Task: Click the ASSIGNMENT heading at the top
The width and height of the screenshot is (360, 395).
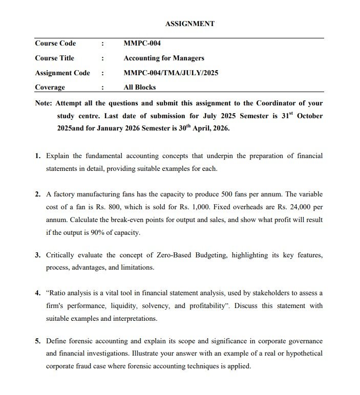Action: (190, 24)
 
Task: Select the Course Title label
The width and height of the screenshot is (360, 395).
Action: (54, 58)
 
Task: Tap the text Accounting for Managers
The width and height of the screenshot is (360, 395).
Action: (164, 58)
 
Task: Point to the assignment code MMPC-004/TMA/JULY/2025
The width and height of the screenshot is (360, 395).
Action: (171, 73)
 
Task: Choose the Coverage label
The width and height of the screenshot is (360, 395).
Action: (50, 87)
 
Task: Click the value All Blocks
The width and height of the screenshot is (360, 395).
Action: (140, 87)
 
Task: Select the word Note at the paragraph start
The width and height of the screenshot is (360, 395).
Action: (43, 103)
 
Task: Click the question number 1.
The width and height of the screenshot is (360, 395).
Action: (38, 155)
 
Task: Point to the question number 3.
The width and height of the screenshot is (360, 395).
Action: (38, 254)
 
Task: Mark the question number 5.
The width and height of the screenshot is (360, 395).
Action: (38, 341)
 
